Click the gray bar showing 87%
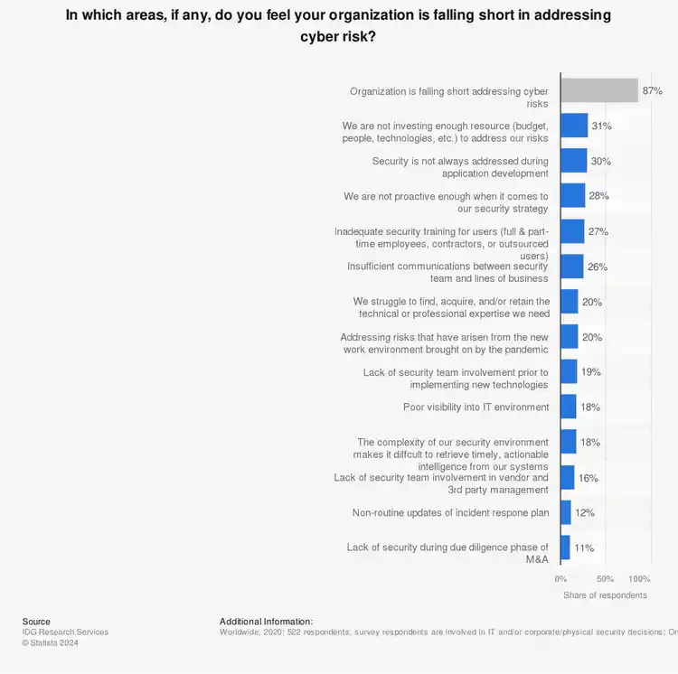(x=598, y=90)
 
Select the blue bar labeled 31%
(x=574, y=126)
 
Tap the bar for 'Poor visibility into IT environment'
(x=569, y=407)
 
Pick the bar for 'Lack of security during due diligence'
(x=565, y=548)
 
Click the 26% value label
(x=598, y=267)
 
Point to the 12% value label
(x=585, y=512)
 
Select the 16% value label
(x=589, y=478)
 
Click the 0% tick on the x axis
(x=560, y=578)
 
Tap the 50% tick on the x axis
(x=605, y=578)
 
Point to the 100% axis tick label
(x=639, y=578)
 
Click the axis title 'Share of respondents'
(x=605, y=595)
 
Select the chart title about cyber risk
(x=338, y=26)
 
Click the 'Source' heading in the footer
(x=36, y=622)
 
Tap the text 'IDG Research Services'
(x=65, y=632)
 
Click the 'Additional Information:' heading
(x=266, y=622)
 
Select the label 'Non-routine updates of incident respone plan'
(x=450, y=512)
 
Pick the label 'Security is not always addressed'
(x=460, y=166)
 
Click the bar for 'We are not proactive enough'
(x=573, y=196)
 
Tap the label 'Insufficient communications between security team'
(x=447, y=272)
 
